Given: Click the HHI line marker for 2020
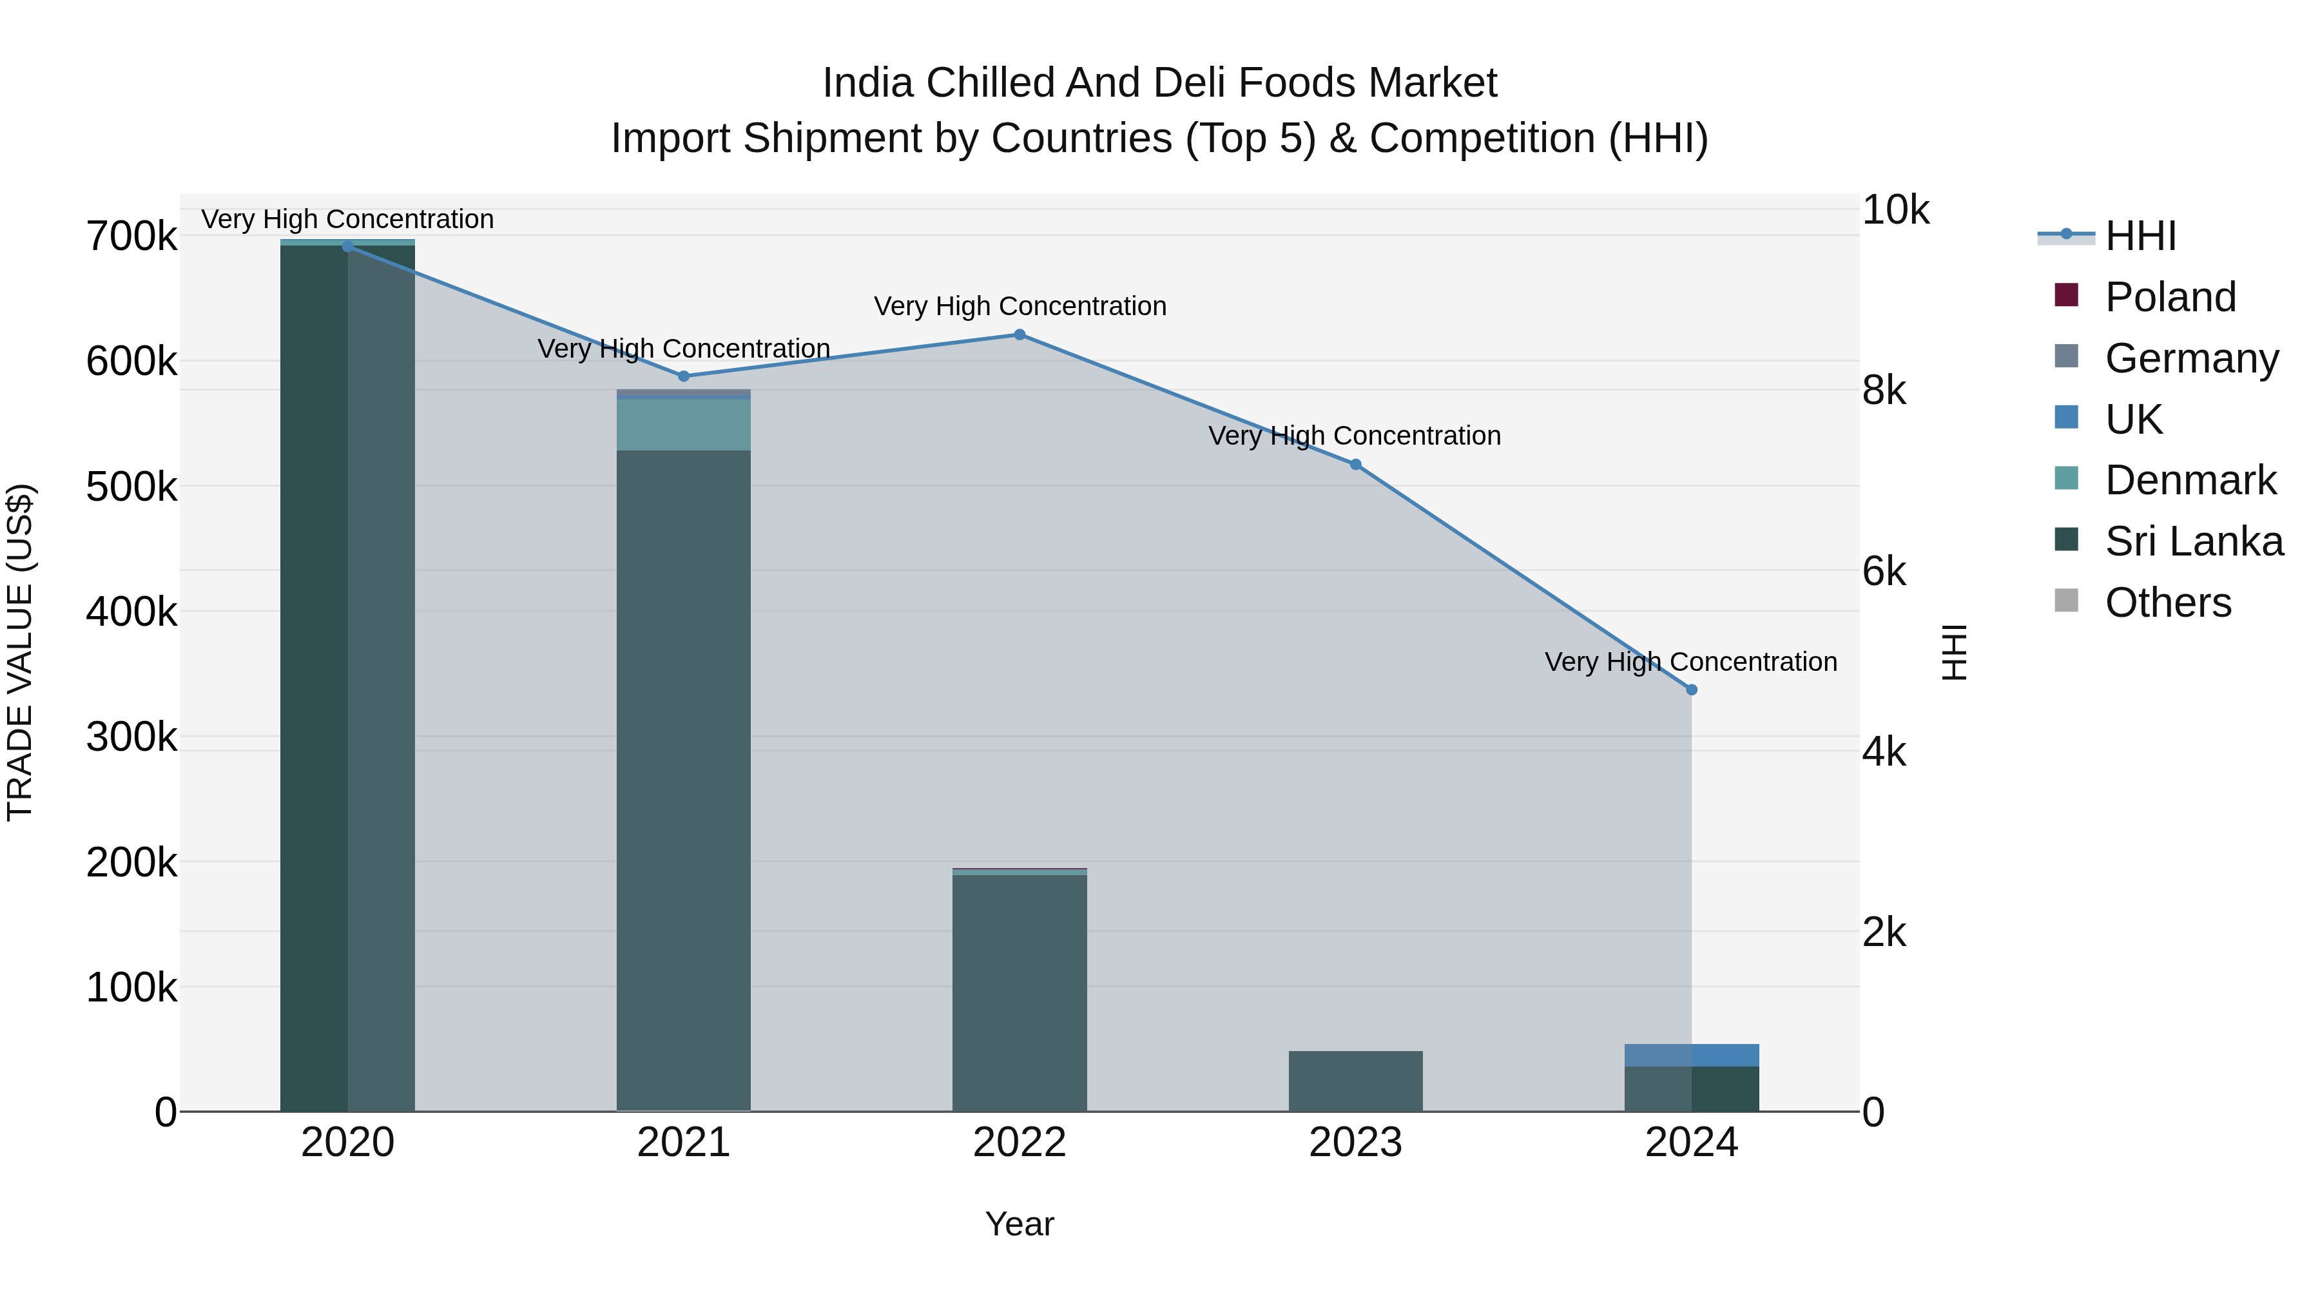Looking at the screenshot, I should (x=347, y=246).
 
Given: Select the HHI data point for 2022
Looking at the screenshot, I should (x=1020, y=335).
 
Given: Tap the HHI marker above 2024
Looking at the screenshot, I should (x=1692, y=690).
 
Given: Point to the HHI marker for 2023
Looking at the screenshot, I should (x=1355, y=465).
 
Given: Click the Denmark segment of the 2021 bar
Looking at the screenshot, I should (x=684, y=424).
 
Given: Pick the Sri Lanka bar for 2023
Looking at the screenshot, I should (x=1355, y=1081).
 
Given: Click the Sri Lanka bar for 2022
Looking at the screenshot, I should (x=1020, y=991).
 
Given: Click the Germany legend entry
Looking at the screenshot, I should (x=2191, y=358).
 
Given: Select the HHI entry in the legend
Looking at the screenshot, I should (x=2140, y=236).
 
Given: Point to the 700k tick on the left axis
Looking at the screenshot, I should (x=131, y=237).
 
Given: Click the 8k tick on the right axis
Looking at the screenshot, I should (x=1884, y=391).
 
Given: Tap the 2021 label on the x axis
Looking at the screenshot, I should (x=684, y=1143).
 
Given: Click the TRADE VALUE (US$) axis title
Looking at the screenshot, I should (x=20, y=652).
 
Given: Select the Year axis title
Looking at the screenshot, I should (x=1020, y=1224).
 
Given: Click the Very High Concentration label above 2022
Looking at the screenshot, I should (x=1020, y=306).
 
